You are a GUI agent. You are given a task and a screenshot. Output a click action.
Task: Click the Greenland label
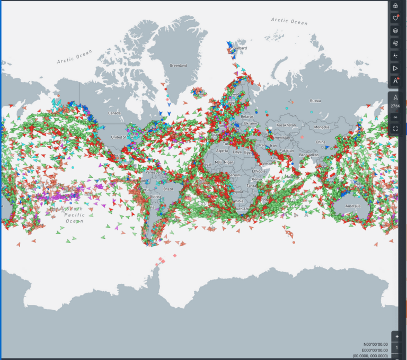[178, 66]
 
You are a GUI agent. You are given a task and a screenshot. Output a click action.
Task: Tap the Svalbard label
[239, 48]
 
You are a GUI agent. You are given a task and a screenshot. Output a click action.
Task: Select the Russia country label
[315, 101]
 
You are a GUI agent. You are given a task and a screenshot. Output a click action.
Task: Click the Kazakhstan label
[286, 125]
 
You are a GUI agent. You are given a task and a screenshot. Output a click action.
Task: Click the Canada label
[114, 113]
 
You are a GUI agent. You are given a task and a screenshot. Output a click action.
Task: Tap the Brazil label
[169, 189]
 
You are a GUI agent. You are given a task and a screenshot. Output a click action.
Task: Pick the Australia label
[352, 205]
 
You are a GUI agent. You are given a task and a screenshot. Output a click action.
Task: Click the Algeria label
[222, 151]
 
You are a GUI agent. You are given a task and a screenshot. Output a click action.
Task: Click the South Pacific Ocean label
[74, 214]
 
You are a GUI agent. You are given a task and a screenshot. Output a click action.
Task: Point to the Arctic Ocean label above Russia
[289, 21]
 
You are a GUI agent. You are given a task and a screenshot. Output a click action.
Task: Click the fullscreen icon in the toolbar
[395, 129]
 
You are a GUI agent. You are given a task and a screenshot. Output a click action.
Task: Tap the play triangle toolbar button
[395, 68]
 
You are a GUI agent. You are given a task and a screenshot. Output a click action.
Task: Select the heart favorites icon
[395, 18]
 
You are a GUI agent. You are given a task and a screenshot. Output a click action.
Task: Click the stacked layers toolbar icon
[395, 30]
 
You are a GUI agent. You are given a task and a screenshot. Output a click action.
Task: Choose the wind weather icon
[395, 43]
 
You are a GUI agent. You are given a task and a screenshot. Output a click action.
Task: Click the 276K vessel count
[395, 106]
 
